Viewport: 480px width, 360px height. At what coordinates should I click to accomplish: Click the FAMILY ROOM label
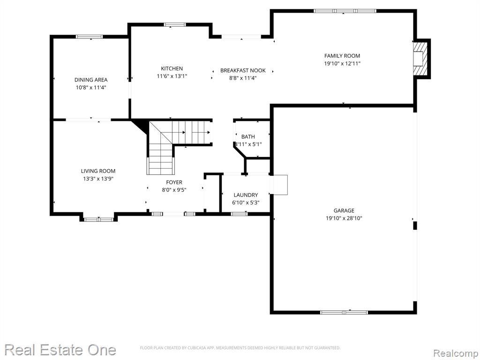pos(342,56)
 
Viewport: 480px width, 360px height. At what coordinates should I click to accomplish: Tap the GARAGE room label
pos(344,210)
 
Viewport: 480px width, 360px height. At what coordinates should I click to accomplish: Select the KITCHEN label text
pos(172,68)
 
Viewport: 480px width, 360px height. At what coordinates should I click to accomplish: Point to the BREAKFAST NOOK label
pos(243,70)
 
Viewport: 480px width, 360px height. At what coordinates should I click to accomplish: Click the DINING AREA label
pos(91,80)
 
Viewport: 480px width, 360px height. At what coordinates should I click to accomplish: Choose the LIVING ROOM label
pos(98,171)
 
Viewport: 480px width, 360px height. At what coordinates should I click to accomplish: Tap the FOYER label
pos(174,182)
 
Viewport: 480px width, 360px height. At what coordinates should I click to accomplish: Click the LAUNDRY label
pos(246,195)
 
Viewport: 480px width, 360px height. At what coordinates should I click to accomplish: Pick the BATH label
pos(248,137)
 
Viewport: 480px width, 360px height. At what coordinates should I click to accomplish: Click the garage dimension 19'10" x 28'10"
pos(344,218)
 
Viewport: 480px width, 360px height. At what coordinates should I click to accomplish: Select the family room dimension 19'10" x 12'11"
pos(342,64)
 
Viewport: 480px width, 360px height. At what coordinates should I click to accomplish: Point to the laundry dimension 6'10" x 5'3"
pos(246,202)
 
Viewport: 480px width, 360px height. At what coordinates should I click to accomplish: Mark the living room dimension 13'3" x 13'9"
pos(98,179)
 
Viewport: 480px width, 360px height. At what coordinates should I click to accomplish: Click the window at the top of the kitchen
pos(175,24)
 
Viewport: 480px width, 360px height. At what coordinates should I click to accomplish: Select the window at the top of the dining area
pos(90,37)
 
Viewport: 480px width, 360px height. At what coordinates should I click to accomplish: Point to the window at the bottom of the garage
pos(344,312)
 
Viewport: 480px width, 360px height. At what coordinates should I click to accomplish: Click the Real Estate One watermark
pos(60,350)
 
